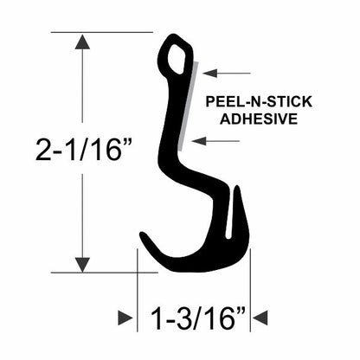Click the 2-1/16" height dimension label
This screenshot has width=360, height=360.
[84, 150]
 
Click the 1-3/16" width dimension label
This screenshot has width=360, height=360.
[198, 318]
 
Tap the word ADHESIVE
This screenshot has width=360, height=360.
[259, 119]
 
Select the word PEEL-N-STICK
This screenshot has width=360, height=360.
[259, 102]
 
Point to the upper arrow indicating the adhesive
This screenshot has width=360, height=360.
[227, 74]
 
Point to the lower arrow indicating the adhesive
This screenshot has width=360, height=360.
[215, 141]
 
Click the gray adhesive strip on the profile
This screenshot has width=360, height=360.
[188, 106]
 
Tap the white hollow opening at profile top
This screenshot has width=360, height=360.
[176, 59]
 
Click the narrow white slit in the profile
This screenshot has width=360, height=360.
[229, 214]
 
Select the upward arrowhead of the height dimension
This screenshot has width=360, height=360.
[82, 42]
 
